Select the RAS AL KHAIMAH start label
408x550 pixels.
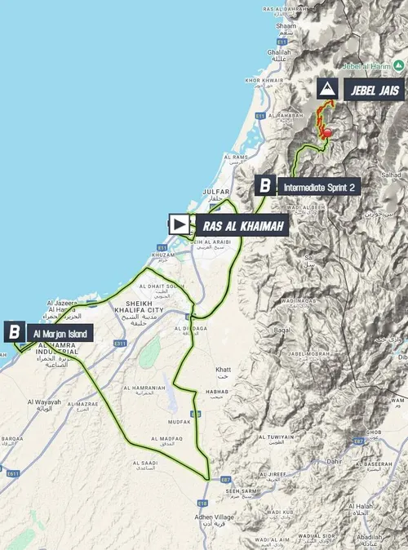pyautogui.click(x=241, y=224)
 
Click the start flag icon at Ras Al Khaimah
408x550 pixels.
pyautogui.click(x=180, y=224)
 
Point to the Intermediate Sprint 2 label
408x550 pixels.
pyautogui.click(x=318, y=187)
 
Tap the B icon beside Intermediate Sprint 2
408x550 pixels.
pyautogui.click(x=264, y=186)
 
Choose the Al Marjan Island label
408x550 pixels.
pyautogui.click(x=60, y=333)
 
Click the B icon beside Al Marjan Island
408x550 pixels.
pyautogui.click(x=15, y=333)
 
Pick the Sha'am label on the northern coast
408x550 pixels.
pyautogui.click(x=287, y=26)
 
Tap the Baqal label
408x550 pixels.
pyautogui.click(x=282, y=330)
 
